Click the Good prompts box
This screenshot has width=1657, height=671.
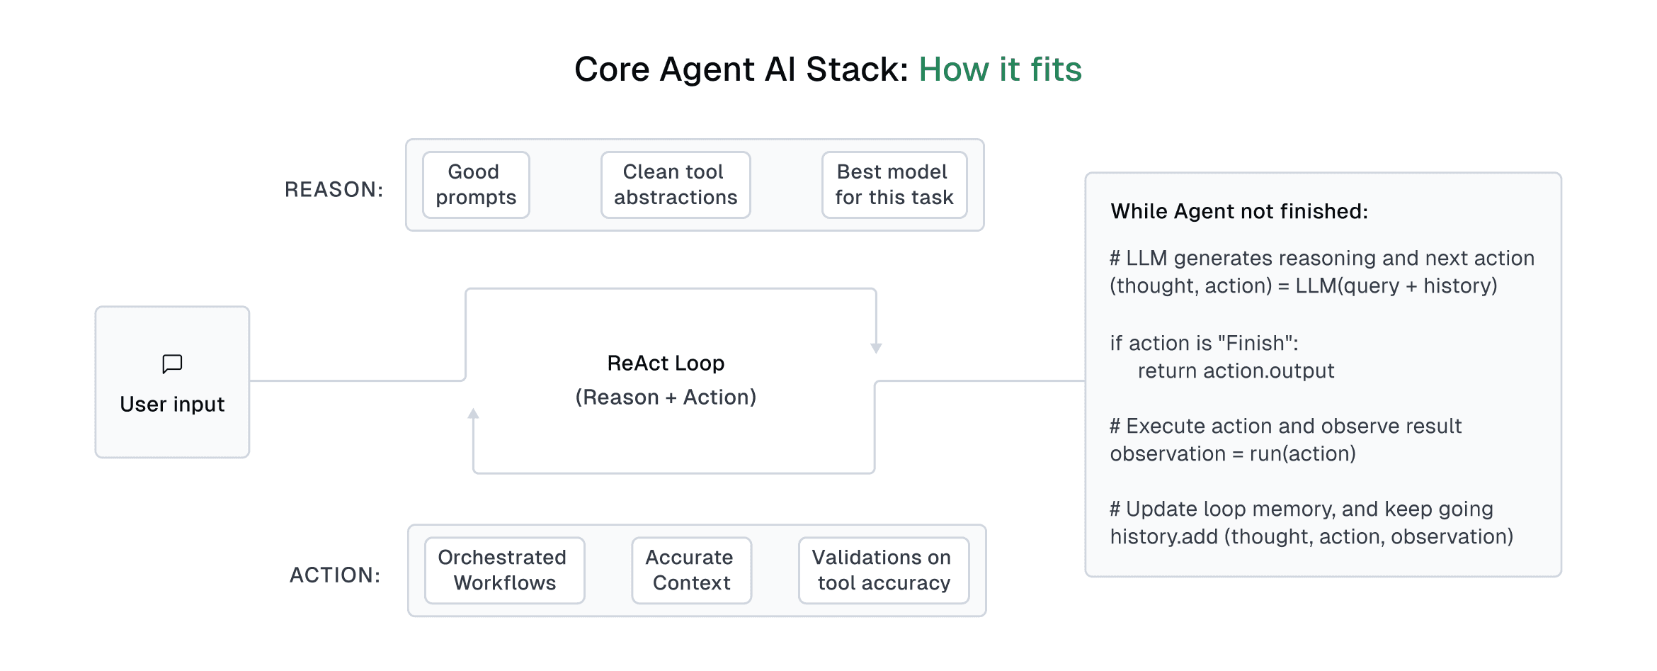476,185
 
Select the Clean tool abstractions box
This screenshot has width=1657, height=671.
676,185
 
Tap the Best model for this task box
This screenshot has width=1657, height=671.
894,185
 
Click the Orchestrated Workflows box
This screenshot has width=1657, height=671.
504,570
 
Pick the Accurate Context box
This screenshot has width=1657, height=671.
691,570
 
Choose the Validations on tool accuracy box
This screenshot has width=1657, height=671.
883,570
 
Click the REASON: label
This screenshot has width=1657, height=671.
334,190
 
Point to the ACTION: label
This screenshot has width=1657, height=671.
335,575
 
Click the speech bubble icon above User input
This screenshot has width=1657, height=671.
172,364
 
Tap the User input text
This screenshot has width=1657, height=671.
172,405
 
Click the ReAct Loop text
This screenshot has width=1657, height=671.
666,363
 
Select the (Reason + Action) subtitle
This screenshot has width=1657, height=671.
666,397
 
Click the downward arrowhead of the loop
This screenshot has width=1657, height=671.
876,348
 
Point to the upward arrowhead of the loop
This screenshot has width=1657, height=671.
474,414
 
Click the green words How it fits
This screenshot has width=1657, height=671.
1000,69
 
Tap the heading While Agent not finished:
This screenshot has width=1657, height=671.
1239,212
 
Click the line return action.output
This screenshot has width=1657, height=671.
1236,371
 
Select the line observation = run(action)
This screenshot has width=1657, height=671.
1232,454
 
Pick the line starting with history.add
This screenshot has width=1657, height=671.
1311,537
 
